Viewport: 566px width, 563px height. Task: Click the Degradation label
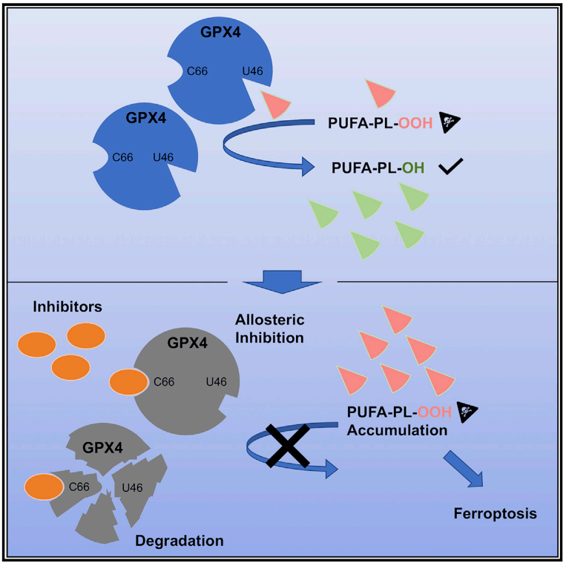pyautogui.click(x=180, y=539)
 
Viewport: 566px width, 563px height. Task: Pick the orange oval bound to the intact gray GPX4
pyautogui.click(x=128, y=382)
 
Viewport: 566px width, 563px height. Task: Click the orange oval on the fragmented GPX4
pyautogui.click(x=44, y=487)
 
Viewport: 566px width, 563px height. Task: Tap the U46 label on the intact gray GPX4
pyautogui.click(x=216, y=382)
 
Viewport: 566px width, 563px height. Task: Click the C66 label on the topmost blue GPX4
pyautogui.click(x=199, y=72)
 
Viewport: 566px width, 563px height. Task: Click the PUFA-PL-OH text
pyautogui.click(x=378, y=168)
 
